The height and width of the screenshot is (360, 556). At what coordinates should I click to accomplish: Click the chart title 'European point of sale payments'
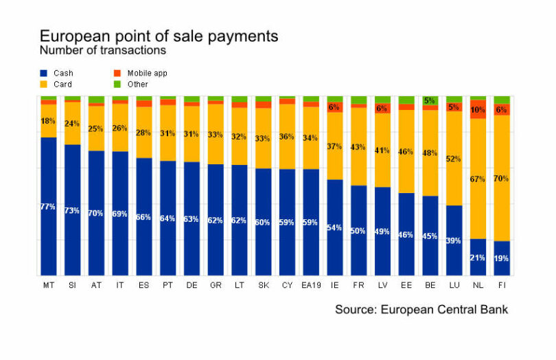click(x=159, y=36)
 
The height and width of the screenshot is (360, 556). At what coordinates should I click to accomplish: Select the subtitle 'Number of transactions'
click(x=102, y=50)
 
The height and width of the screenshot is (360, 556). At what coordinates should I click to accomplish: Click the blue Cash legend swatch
click(x=45, y=73)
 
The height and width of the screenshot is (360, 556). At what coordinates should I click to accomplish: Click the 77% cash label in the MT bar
click(x=48, y=207)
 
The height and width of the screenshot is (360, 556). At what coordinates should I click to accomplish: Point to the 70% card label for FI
click(x=502, y=179)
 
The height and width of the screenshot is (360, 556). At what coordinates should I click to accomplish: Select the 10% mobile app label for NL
click(x=478, y=110)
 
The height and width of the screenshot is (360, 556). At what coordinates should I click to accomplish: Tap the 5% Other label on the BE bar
click(x=430, y=101)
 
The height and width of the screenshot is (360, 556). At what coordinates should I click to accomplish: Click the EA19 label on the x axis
click(x=311, y=284)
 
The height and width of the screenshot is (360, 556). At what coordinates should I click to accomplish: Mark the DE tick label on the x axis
click(x=192, y=284)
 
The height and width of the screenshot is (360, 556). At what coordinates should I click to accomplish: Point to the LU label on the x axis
click(x=454, y=284)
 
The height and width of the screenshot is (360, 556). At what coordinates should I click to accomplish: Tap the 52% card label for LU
click(x=454, y=159)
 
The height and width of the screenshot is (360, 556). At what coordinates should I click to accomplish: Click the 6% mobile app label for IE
click(x=334, y=107)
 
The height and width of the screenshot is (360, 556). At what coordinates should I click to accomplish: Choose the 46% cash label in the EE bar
click(x=406, y=234)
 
